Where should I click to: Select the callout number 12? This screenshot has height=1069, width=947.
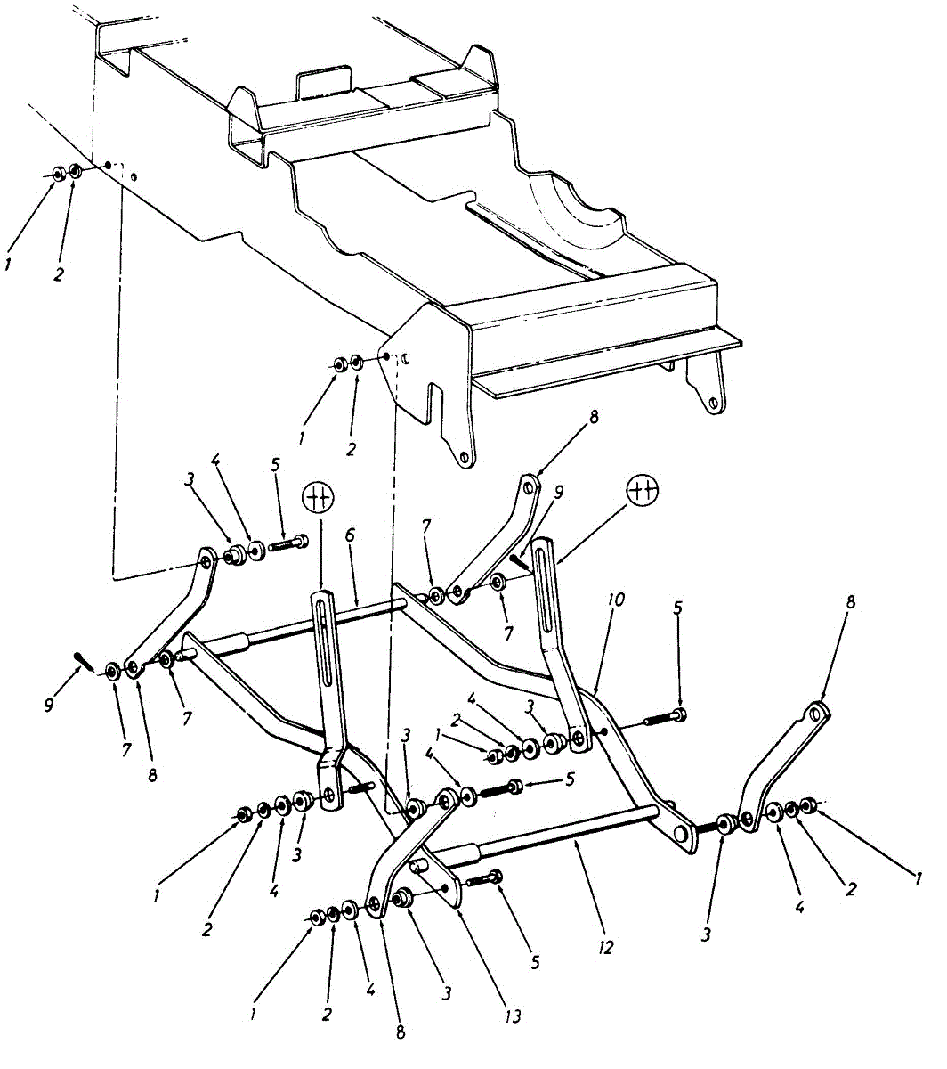pos(605,946)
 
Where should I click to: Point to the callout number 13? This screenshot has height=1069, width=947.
pos(511,1016)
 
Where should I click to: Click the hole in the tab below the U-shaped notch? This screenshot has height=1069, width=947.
pos(464,458)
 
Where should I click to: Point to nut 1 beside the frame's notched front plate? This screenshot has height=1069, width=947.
pos(340,364)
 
